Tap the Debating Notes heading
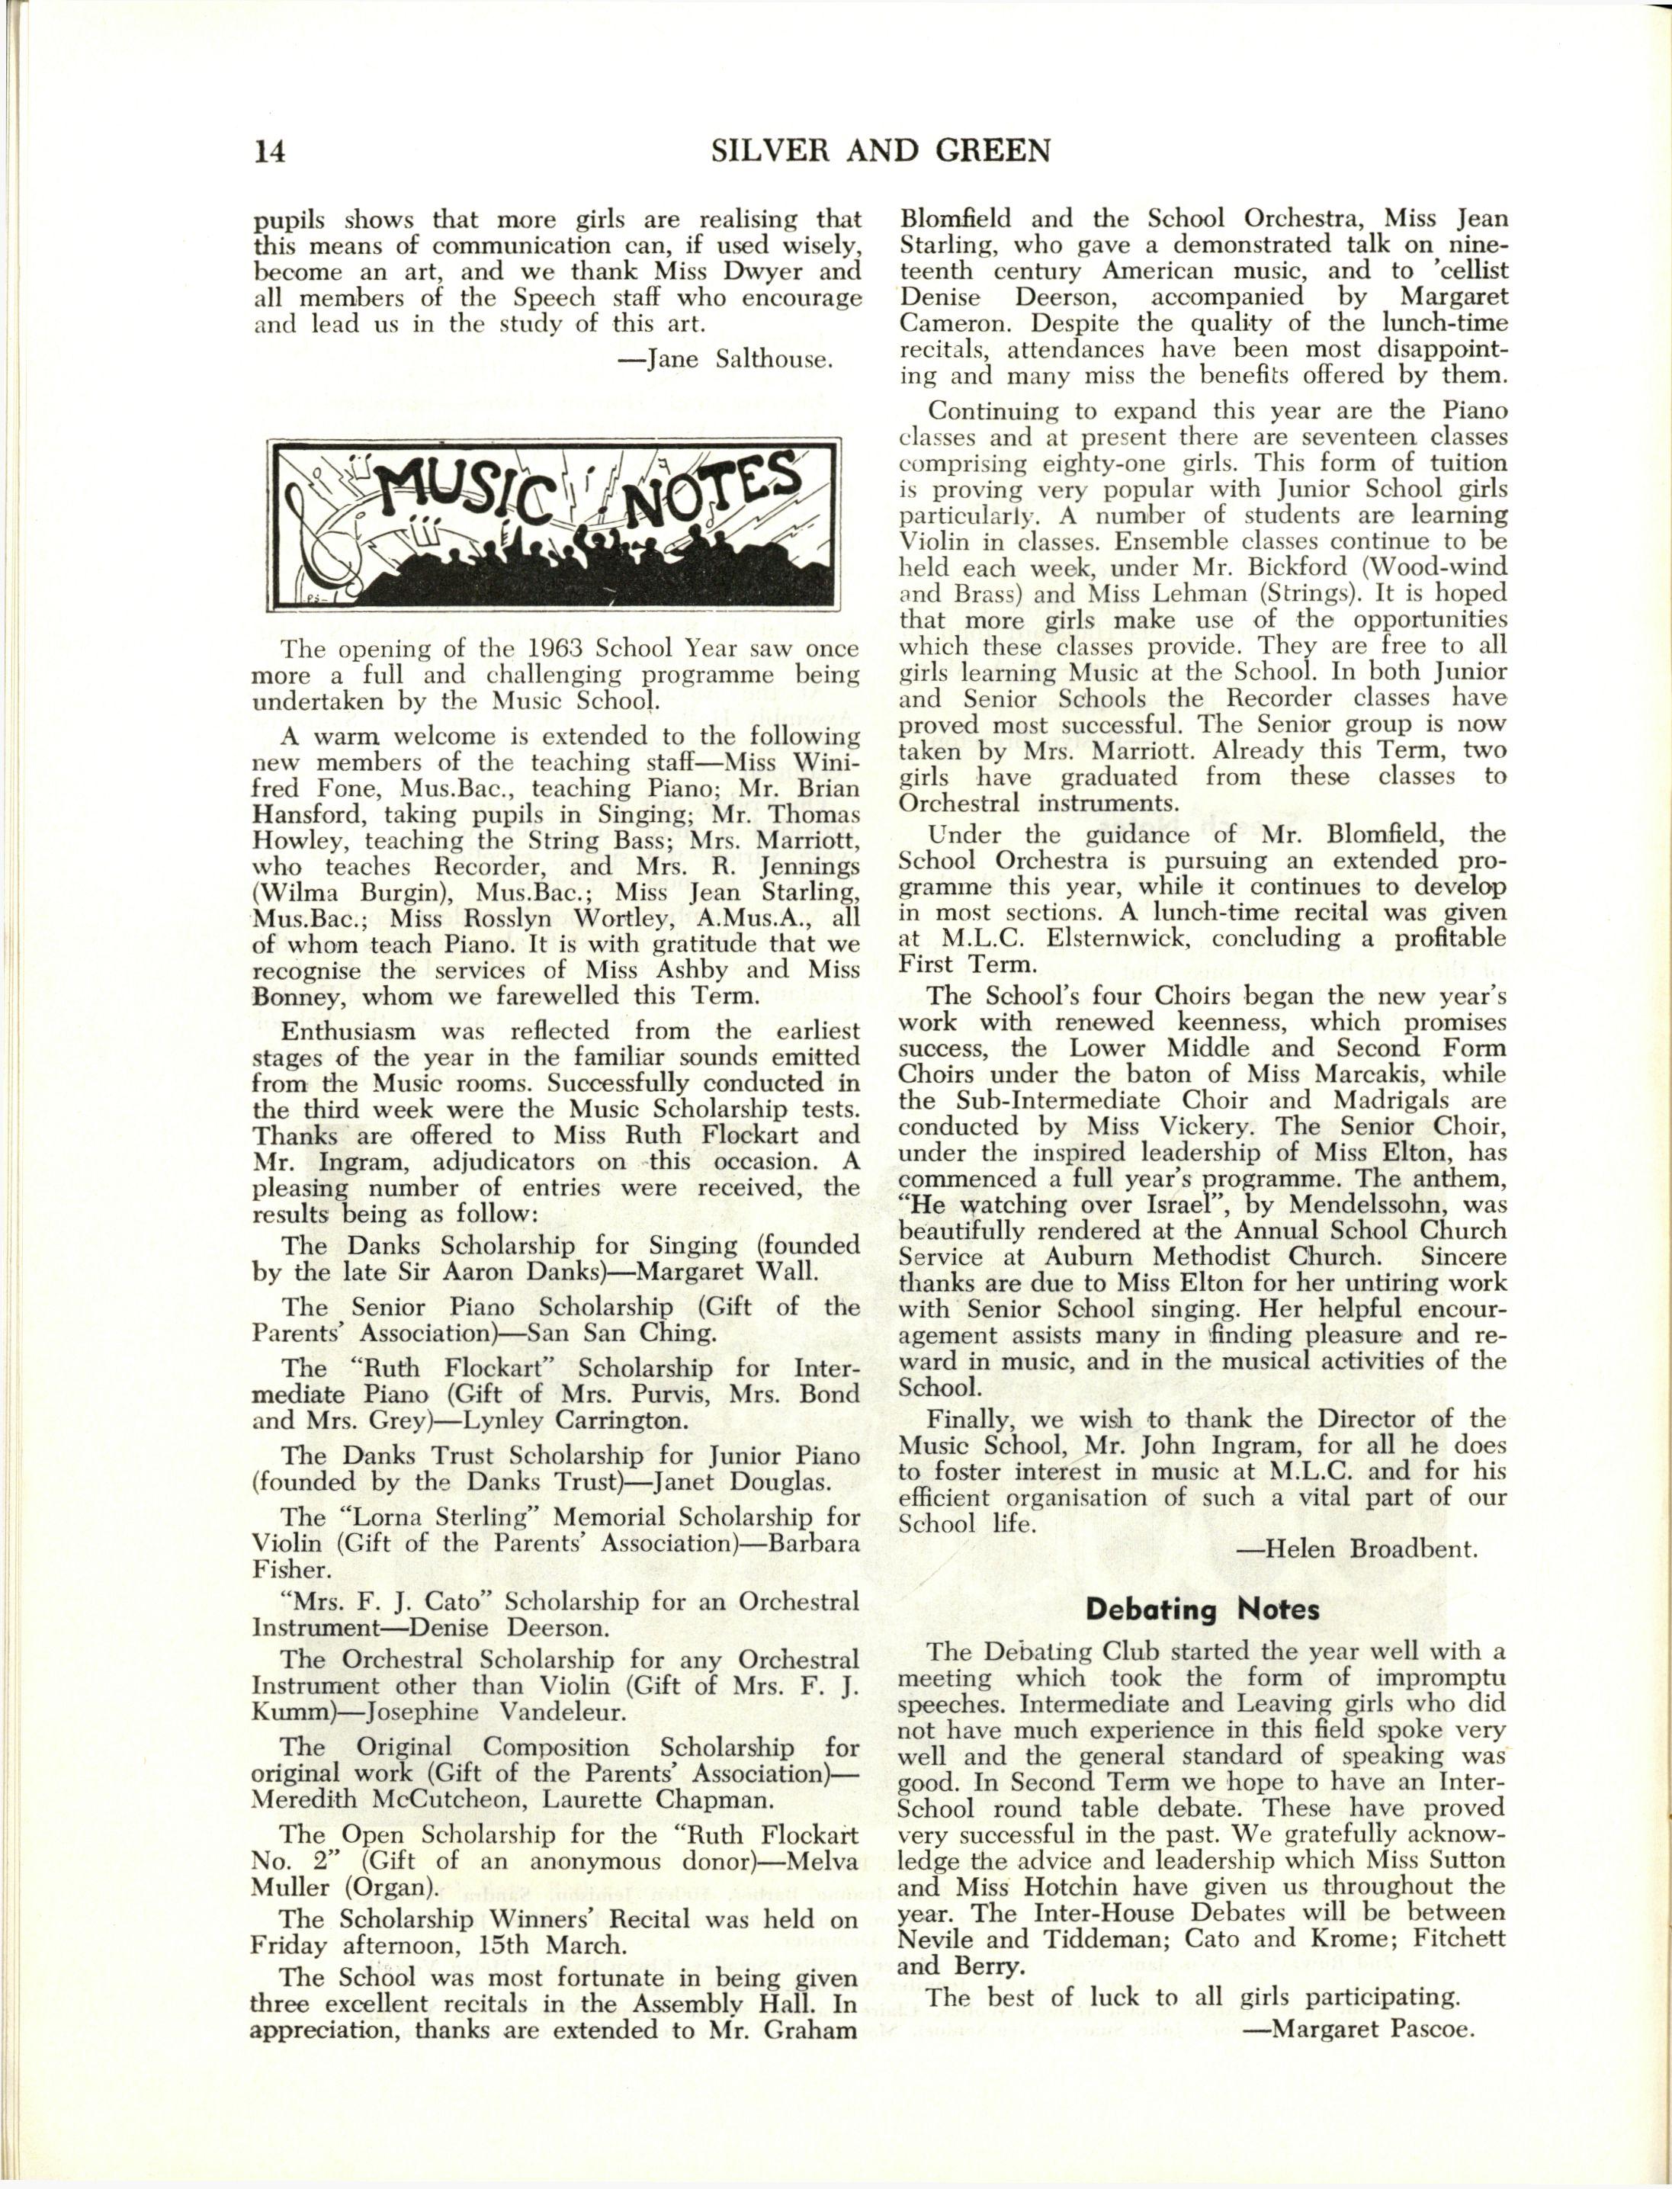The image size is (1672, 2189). click(1202, 1609)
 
